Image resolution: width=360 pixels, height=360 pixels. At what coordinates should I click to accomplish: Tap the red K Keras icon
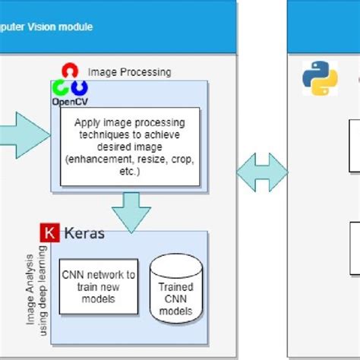point(50,233)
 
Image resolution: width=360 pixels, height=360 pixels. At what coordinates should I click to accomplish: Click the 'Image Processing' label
point(130,73)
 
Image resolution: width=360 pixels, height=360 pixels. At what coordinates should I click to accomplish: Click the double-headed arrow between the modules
point(262,175)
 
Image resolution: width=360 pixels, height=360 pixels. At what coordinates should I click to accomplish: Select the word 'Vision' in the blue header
point(52,27)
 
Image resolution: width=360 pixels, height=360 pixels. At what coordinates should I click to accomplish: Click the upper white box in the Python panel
point(354,145)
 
